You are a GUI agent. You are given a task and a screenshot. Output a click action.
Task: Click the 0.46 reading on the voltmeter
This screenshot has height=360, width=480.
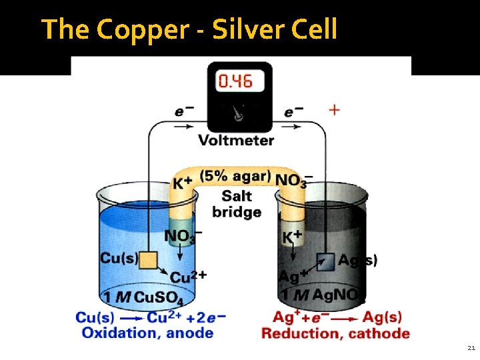click(236, 81)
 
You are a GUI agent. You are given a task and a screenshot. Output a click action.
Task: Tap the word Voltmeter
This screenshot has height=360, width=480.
click(236, 140)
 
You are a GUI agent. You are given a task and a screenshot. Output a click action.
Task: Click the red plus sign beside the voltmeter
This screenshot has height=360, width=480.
click(333, 109)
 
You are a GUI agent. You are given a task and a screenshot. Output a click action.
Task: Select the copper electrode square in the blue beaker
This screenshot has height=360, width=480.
click(147, 259)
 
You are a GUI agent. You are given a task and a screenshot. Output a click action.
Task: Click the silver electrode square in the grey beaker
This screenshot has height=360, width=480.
click(325, 262)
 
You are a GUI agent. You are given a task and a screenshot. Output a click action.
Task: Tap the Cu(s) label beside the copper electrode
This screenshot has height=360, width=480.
click(119, 257)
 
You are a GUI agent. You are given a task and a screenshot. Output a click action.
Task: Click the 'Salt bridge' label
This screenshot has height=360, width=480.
click(236, 204)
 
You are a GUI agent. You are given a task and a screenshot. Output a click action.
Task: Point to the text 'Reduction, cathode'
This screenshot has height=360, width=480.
click(335, 333)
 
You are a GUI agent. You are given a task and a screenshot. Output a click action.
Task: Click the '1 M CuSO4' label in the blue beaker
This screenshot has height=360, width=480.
click(137, 297)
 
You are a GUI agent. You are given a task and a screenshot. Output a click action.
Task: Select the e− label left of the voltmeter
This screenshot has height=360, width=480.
click(185, 111)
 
